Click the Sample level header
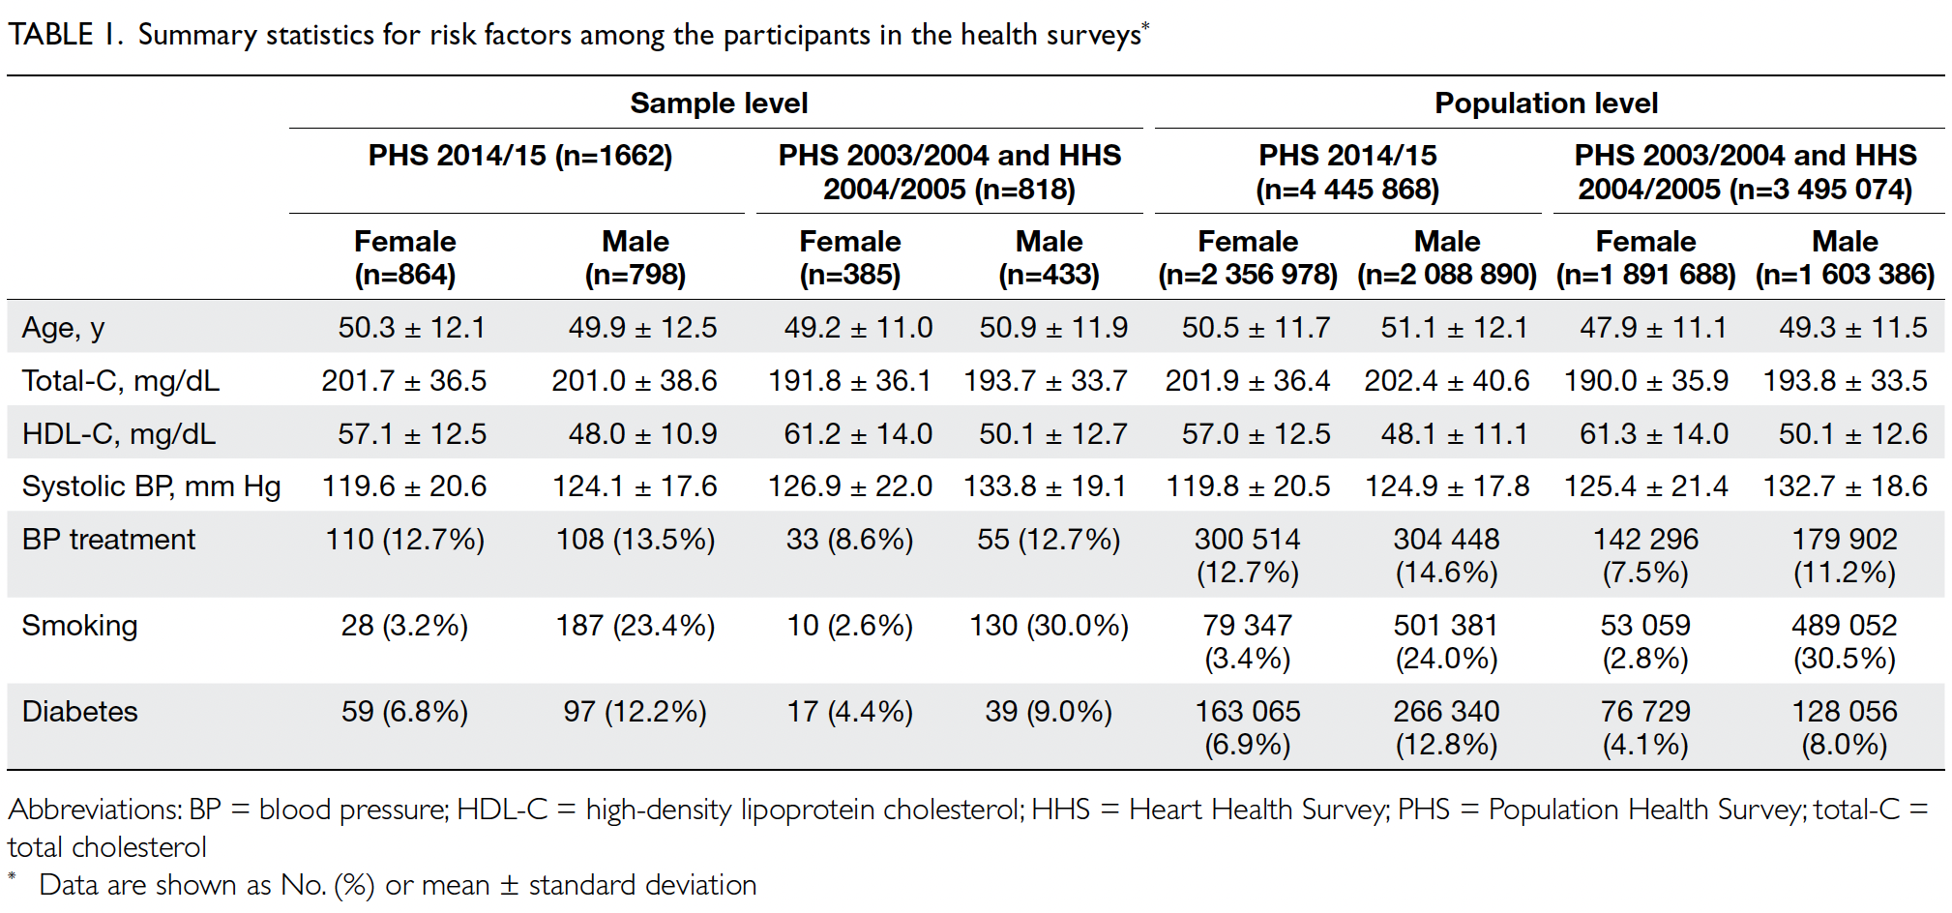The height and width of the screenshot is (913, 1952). click(719, 103)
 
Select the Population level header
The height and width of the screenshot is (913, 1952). click(1546, 103)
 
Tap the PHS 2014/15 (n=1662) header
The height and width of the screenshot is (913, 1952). click(520, 156)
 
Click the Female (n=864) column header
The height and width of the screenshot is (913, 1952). click(405, 257)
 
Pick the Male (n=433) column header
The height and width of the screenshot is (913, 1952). click(1050, 257)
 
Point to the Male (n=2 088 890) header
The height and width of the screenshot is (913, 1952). click(1447, 257)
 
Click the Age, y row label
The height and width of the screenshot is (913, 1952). click(63, 329)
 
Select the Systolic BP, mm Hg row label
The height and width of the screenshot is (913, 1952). click(151, 486)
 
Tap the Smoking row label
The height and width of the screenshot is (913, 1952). click(79, 627)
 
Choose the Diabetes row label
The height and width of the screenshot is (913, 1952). click(79, 712)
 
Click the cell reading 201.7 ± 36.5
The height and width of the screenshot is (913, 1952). click(404, 381)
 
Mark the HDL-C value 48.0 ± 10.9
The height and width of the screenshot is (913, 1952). click(642, 434)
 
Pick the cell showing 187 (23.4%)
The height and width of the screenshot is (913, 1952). click(636, 627)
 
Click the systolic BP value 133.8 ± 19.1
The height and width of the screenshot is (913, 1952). click(1046, 486)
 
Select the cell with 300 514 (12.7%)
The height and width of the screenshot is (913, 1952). click(1248, 556)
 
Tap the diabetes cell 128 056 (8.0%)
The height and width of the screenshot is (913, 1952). click(1845, 728)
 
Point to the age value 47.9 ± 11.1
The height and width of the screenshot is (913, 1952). click(1653, 328)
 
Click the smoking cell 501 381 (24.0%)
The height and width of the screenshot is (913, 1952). click(1446, 642)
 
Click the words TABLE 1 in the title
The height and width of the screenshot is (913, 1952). click(64, 35)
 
